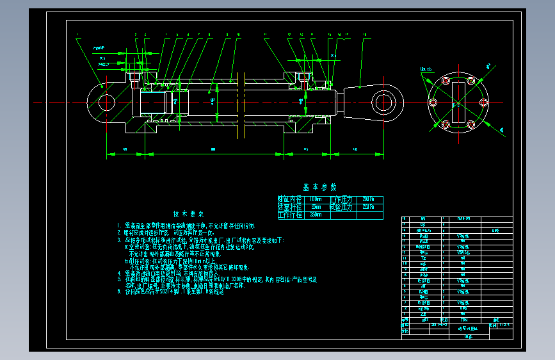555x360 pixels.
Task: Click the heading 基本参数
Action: click(x=320, y=187)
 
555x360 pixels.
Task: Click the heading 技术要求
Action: click(x=188, y=214)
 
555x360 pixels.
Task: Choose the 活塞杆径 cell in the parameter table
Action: click(x=287, y=208)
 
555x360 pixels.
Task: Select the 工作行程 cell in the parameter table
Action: click(x=287, y=215)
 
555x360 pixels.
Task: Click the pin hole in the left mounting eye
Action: click(x=106, y=102)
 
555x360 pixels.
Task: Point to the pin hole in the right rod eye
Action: click(x=385, y=102)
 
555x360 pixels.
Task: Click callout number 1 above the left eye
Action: click(x=76, y=34)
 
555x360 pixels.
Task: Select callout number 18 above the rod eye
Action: click(x=364, y=34)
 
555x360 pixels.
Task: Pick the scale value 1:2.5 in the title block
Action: click(x=505, y=325)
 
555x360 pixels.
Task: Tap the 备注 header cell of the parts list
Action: click(x=494, y=319)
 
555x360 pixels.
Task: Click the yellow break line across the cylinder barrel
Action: click(x=244, y=102)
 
